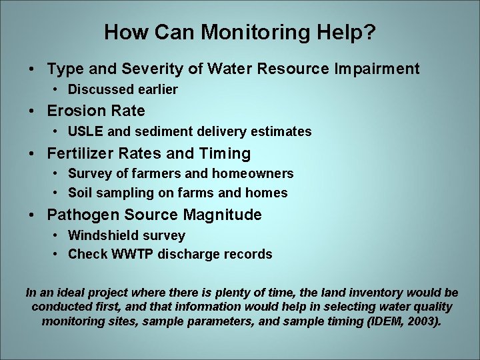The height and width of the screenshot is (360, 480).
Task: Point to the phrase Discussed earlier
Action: click(123, 89)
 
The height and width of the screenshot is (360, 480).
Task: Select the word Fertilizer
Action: click(79, 153)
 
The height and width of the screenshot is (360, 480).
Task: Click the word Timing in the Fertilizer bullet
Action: click(225, 153)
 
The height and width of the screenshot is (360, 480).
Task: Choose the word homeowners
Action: click(253, 173)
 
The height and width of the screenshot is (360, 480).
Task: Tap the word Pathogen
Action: click(81, 215)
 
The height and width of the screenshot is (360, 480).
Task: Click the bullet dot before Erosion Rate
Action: click(33, 111)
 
